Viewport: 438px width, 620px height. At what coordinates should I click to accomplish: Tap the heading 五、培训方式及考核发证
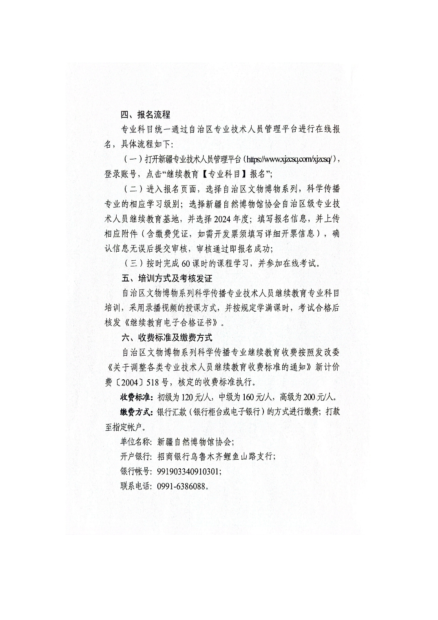point(167,279)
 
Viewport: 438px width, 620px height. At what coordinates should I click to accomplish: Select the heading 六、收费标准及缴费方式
point(167,337)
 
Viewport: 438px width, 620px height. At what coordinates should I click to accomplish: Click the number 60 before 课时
point(187,263)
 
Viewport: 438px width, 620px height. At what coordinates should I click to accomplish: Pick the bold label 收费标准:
point(137,397)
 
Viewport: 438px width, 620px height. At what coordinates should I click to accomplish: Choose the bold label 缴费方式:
point(137,412)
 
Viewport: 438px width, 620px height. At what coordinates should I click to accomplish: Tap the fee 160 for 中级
point(249,397)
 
